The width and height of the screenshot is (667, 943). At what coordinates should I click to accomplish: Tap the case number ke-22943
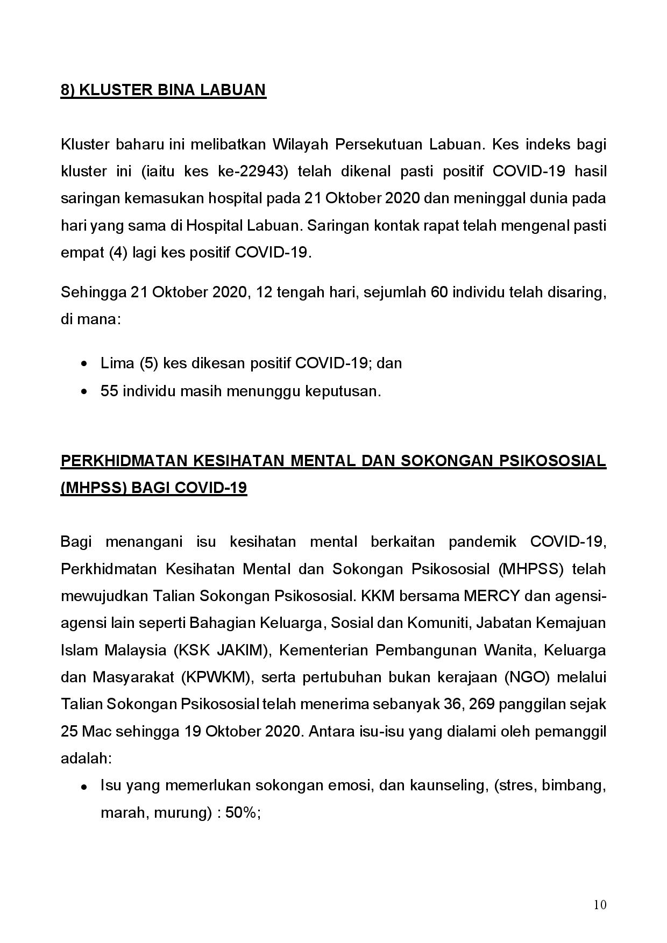252,171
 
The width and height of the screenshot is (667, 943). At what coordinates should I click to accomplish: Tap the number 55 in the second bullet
109,391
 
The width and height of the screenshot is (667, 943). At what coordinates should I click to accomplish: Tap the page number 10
600,905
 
